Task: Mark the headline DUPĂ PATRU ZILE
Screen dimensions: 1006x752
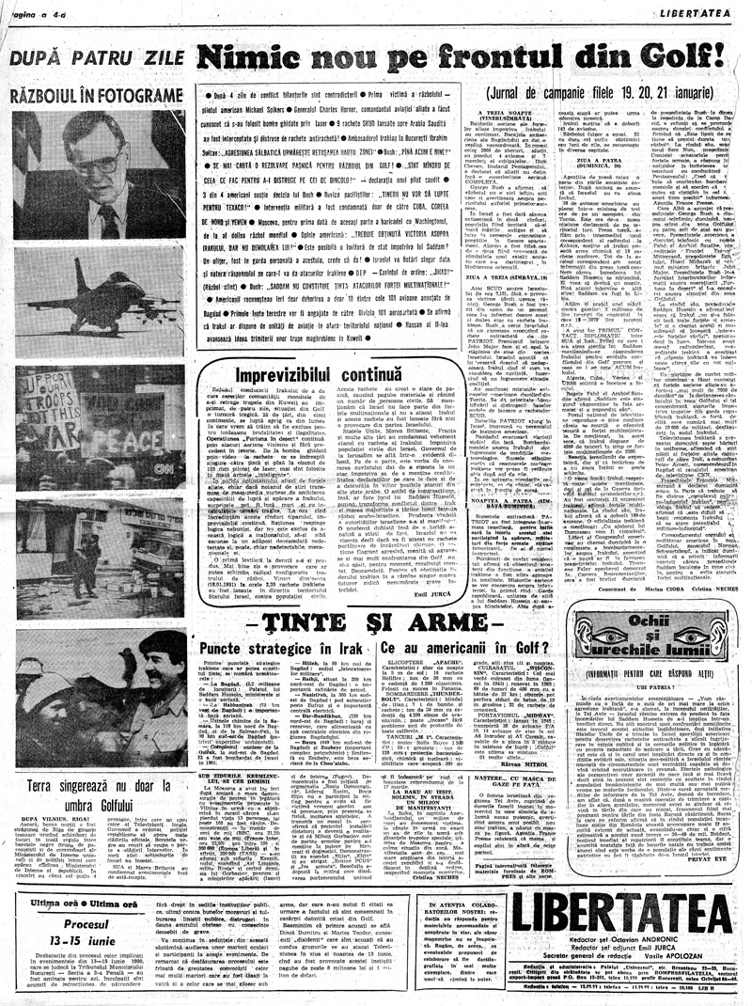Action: [94, 57]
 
